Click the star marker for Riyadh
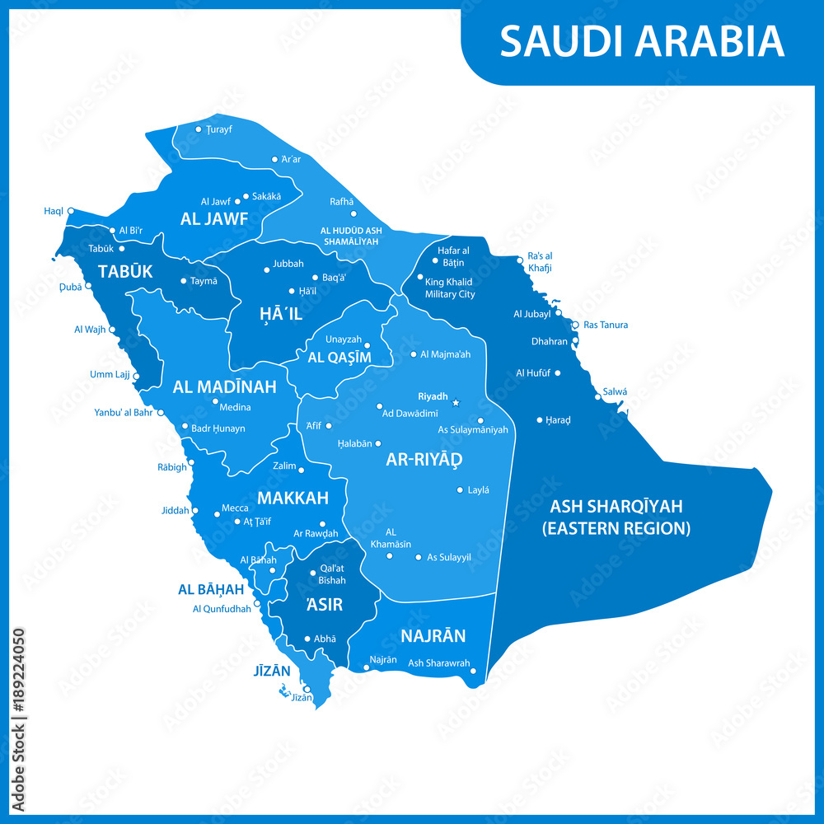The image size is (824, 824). (x=456, y=403)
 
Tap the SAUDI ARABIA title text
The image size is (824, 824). (x=642, y=41)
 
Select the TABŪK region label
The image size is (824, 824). (x=125, y=271)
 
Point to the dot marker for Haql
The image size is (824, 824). (x=71, y=210)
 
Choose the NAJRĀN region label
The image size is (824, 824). (x=433, y=635)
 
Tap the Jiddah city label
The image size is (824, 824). (x=175, y=511)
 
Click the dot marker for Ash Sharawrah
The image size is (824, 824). (x=473, y=672)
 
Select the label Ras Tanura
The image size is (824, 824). (x=606, y=325)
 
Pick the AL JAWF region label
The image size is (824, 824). (x=214, y=218)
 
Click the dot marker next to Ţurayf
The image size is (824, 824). (x=199, y=129)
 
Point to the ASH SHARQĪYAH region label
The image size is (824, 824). (x=616, y=517)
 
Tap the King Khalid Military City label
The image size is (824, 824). (x=449, y=288)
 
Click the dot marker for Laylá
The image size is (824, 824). (x=460, y=489)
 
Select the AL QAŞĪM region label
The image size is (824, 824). (x=339, y=357)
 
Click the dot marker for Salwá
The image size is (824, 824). (x=598, y=397)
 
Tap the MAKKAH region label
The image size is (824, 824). (x=293, y=498)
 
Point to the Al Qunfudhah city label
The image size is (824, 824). (x=221, y=609)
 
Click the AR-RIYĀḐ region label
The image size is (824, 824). (x=424, y=459)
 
